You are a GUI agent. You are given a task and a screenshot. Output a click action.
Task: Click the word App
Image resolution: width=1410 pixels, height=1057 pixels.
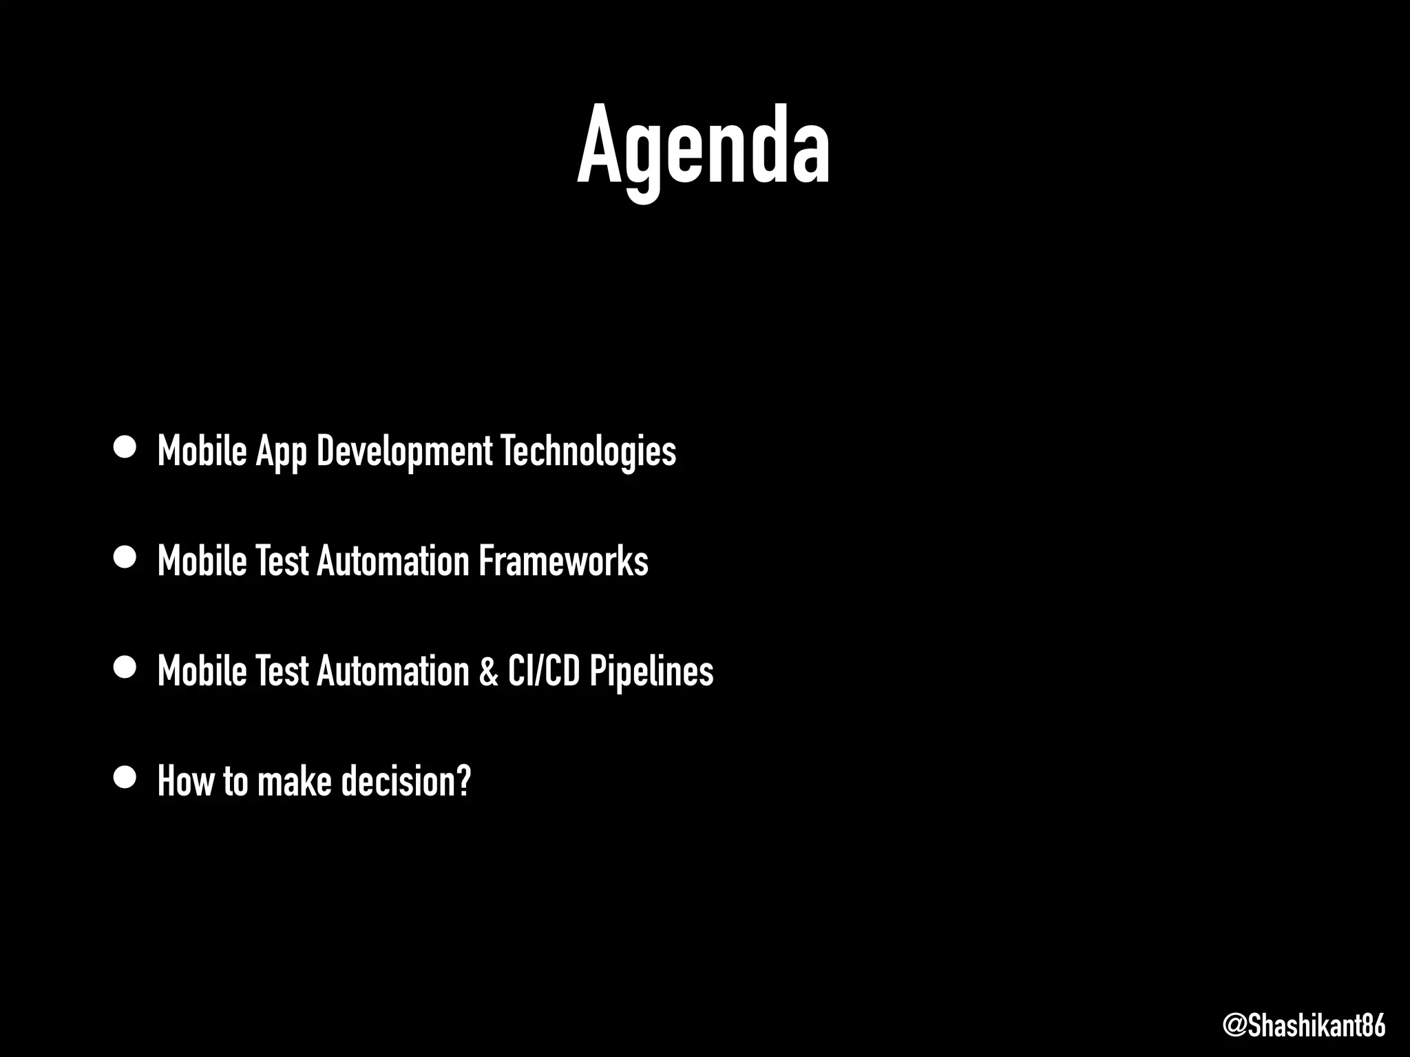(281, 452)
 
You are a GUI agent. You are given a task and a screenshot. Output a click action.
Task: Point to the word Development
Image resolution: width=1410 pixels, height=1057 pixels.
(404, 452)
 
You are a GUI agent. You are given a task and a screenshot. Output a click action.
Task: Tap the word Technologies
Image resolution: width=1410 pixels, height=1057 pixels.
(588, 452)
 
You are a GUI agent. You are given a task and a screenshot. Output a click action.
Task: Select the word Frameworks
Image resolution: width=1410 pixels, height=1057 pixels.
(563, 561)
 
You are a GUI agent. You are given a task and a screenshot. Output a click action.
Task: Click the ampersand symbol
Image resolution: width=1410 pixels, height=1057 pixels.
(488, 671)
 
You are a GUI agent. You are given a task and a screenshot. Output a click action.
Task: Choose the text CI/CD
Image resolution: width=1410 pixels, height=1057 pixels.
(544, 671)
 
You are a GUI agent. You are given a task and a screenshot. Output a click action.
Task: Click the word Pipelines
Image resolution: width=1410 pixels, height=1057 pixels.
(651, 671)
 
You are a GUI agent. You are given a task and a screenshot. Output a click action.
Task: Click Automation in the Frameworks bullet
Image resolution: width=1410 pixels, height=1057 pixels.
(392, 561)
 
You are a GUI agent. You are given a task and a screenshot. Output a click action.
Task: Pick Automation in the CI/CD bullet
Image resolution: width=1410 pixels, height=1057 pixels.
(392, 671)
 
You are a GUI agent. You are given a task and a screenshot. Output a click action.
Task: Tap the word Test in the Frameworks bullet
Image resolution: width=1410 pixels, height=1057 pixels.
(281, 561)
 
